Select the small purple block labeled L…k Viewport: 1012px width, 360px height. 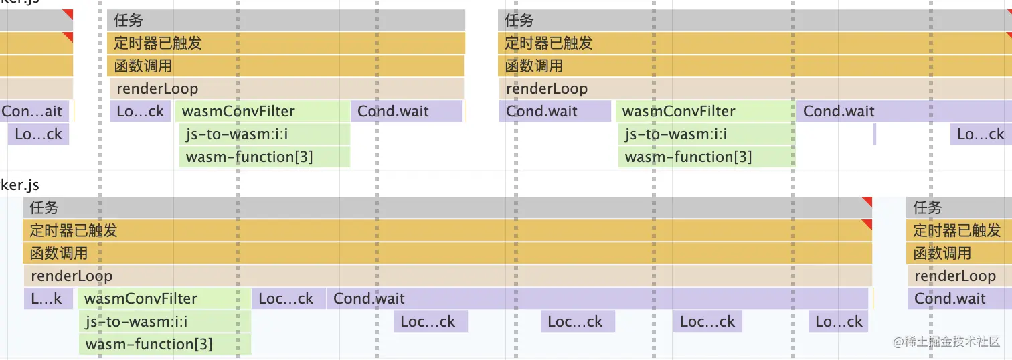[x=47, y=299]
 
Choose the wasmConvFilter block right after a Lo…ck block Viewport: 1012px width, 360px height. [x=262, y=112]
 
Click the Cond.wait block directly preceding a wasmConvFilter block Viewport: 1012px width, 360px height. [x=555, y=112]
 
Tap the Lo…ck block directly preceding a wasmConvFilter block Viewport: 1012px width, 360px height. [x=140, y=112]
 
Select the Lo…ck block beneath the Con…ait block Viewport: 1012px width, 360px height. [x=38, y=134]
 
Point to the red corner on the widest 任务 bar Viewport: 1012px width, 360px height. [x=867, y=201]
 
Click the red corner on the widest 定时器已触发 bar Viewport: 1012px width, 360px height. [x=867, y=224]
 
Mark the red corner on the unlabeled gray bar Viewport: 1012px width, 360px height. [x=68, y=14]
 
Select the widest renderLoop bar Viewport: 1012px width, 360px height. [x=447, y=276]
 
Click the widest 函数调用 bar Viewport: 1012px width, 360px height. [x=447, y=254]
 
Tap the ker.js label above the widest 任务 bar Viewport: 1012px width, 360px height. [x=20, y=185]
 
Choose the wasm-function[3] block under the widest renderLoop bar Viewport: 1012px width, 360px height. [x=165, y=345]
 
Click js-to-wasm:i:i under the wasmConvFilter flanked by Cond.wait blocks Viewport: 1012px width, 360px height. [x=705, y=134]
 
